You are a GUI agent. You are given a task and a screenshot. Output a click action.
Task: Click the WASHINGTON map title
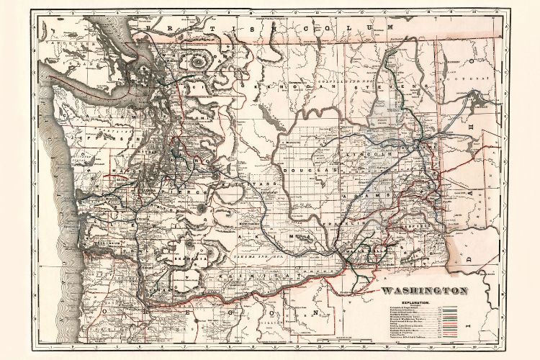pyautogui.click(x=425, y=291)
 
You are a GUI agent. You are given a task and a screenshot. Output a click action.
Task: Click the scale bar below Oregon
pyautogui.click(x=338, y=338)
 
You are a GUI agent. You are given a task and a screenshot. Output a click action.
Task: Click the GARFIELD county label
pyautogui.click(x=432, y=224)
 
